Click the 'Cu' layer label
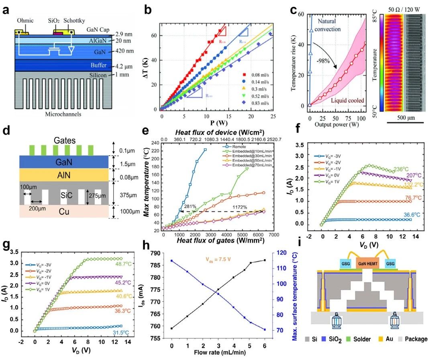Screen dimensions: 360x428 coord(63,211)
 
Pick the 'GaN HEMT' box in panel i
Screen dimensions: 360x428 coord(368,262)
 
